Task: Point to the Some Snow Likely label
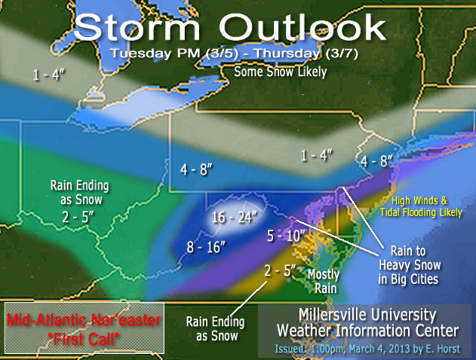[x=280, y=72]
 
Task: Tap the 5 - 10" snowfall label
[x=286, y=236]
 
